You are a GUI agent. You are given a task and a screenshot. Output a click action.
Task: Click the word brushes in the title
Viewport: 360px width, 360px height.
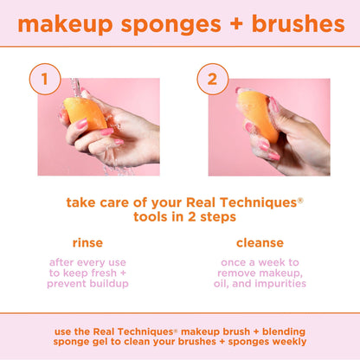[293, 24]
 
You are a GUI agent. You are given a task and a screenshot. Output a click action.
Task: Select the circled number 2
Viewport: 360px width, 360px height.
[212, 80]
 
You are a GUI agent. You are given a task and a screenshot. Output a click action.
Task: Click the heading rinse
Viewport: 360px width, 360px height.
[87, 242]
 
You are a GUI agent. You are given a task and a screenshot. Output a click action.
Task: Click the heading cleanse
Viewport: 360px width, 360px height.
[260, 242]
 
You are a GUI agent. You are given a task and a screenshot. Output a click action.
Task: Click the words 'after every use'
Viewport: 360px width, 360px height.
[88, 261]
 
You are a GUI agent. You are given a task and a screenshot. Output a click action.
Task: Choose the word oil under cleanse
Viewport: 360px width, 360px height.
[234, 284]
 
